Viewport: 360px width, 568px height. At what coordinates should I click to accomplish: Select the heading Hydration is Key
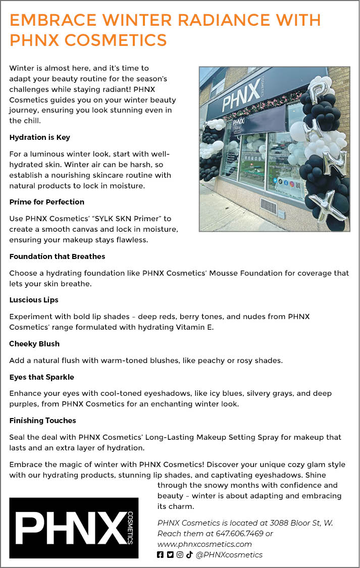(x=39, y=137)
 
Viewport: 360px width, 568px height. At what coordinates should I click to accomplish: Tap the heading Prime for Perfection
(x=46, y=202)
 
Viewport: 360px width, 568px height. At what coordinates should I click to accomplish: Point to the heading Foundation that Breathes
(x=57, y=256)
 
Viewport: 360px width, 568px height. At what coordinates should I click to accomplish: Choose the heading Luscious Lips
(x=34, y=300)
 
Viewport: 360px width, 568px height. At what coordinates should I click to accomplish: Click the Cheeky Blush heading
(x=34, y=344)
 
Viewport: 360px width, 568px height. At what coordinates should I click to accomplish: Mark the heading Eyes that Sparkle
(x=42, y=377)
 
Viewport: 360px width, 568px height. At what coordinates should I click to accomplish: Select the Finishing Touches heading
(x=42, y=421)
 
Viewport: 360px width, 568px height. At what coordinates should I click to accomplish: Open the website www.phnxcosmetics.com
(x=204, y=544)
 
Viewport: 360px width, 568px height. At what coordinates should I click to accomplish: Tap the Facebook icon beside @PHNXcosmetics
(x=161, y=555)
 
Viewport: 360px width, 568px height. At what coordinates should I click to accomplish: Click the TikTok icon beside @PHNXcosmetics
(x=189, y=555)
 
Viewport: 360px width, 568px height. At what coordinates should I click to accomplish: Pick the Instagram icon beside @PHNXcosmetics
(x=180, y=555)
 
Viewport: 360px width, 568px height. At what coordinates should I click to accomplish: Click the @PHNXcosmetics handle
(x=229, y=555)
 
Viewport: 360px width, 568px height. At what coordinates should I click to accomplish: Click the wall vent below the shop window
(x=268, y=205)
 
